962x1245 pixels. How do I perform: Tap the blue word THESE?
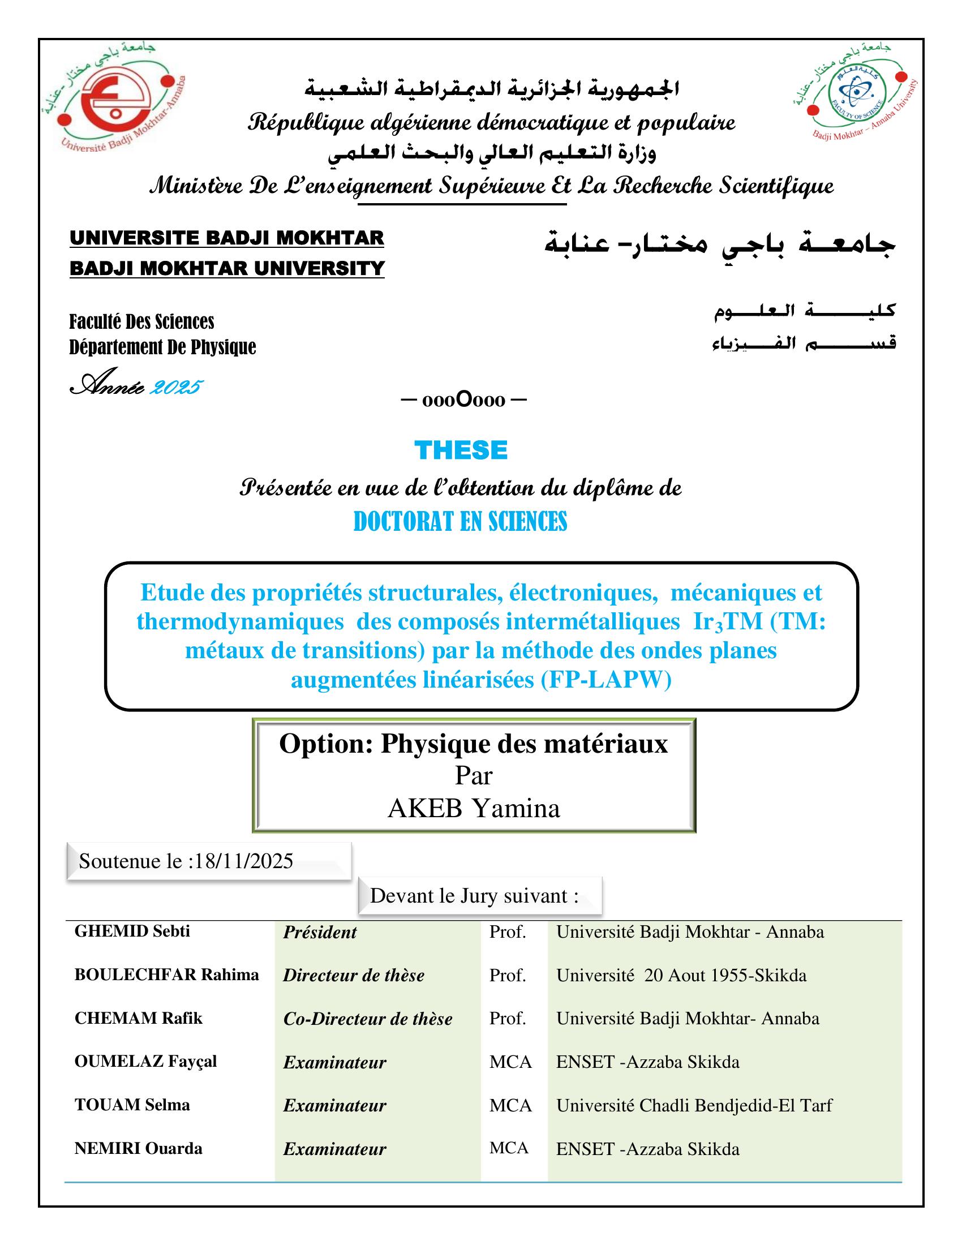(x=461, y=450)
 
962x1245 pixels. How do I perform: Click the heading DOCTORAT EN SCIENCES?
(x=461, y=522)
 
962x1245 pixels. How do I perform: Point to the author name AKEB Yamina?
(x=474, y=808)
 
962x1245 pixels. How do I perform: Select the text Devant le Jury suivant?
(x=474, y=896)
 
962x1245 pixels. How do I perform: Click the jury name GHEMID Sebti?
(x=132, y=931)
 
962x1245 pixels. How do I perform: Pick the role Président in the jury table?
(x=320, y=933)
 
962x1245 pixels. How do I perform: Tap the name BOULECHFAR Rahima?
(x=166, y=975)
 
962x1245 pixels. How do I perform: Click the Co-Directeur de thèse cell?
(x=368, y=1019)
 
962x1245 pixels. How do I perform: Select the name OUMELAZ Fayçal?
(x=145, y=1061)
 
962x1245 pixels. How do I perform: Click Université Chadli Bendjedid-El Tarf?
(x=694, y=1105)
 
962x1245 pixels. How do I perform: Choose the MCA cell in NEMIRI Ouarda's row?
(x=509, y=1148)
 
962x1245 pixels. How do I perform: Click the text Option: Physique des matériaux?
(x=473, y=744)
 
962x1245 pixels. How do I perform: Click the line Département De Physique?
(x=162, y=346)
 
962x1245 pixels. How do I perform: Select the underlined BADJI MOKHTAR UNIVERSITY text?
(x=227, y=268)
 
